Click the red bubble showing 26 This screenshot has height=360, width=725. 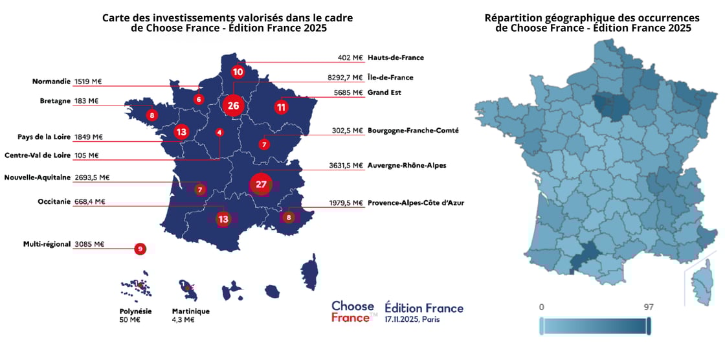tap(234, 106)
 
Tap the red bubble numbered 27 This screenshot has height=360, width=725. tap(262, 185)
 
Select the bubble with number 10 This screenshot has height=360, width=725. tap(238, 71)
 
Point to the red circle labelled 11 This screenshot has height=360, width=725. tap(281, 107)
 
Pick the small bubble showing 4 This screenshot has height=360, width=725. tap(219, 132)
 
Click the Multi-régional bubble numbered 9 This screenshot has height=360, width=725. tap(140, 248)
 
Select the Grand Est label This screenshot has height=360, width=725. tap(385, 93)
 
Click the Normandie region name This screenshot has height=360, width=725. tap(51, 82)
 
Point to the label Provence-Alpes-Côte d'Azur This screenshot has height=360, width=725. tap(416, 203)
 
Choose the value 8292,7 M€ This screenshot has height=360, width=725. tap(346, 78)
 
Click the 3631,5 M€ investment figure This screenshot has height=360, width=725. tap(346, 165)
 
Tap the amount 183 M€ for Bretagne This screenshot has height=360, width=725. tap(86, 101)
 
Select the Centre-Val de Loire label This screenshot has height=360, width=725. tap(38, 155)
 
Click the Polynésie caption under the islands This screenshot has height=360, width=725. tap(136, 311)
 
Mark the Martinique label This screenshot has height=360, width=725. tap(191, 311)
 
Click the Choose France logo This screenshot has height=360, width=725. tap(353, 311)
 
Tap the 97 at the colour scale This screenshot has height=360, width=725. tap(649, 307)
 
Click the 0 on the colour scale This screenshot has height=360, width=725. tap(541, 307)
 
